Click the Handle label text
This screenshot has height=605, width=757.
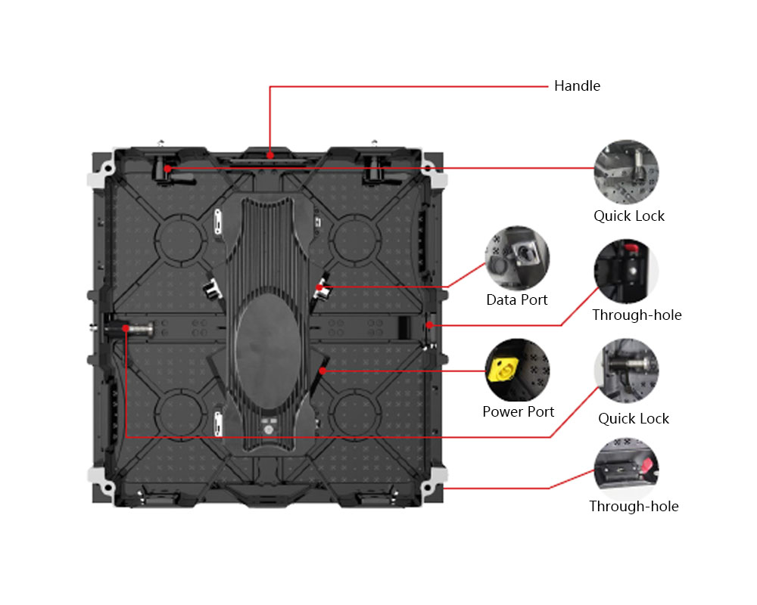pyautogui.click(x=577, y=86)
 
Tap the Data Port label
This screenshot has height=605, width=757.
pyautogui.click(x=516, y=299)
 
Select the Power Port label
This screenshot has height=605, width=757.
pyautogui.click(x=518, y=411)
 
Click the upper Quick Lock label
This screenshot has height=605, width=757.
pyautogui.click(x=628, y=216)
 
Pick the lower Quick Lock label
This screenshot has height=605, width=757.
pyautogui.click(x=634, y=418)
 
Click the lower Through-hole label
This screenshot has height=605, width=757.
pyautogui.click(x=634, y=506)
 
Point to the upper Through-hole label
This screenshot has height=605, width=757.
pyautogui.click(x=637, y=315)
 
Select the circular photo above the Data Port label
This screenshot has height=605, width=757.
pyautogui.click(x=517, y=258)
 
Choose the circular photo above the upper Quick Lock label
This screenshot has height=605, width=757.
pyautogui.click(x=626, y=172)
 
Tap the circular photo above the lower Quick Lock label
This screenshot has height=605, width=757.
pyautogui.click(x=626, y=371)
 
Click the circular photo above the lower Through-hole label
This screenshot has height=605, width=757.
pyautogui.click(x=626, y=469)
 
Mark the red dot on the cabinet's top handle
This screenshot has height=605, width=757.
pyautogui.click(x=270, y=155)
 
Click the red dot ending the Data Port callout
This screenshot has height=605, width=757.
pyautogui.click(x=319, y=287)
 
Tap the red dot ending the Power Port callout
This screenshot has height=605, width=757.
pyautogui.click(x=322, y=371)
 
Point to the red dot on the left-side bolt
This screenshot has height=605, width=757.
pyautogui.click(x=126, y=328)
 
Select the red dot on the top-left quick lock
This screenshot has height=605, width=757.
pyautogui.click(x=167, y=169)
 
